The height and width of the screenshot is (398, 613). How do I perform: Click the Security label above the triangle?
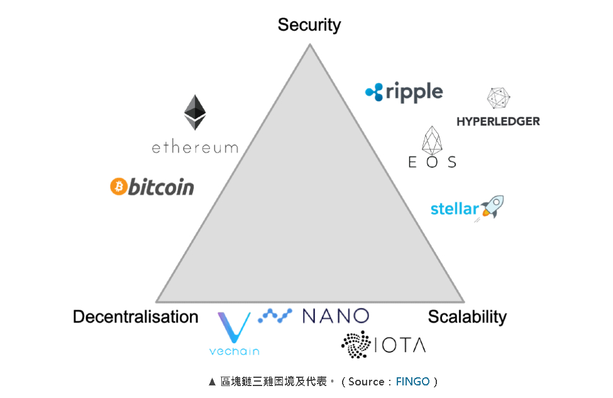[309, 25]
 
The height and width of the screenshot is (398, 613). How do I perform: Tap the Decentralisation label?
[135, 317]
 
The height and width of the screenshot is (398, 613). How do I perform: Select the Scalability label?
[467, 317]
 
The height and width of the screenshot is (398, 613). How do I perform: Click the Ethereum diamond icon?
[195, 113]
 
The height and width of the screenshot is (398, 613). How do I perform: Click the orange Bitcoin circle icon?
[118, 186]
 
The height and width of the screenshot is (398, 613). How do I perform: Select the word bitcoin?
[161, 187]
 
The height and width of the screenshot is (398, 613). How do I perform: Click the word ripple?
[414, 92]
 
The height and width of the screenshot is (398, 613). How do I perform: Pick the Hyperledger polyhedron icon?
[499, 99]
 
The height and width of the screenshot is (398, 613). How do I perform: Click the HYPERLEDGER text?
[498, 121]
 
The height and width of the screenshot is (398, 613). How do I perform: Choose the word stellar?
[455, 209]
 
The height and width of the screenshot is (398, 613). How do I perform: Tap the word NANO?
[335, 316]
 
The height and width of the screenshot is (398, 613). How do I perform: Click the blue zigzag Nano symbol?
[275, 315]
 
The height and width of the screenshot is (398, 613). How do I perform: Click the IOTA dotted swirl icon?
[356, 344]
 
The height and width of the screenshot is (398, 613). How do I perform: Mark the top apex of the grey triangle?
[309, 45]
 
